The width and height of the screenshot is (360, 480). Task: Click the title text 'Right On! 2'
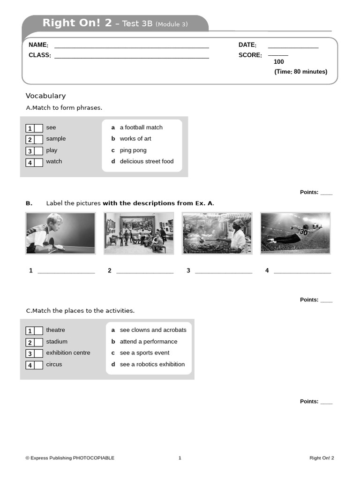click(x=77, y=23)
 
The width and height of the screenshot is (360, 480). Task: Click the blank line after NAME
click(x=131, y=47)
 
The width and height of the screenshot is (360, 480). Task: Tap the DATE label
click(x=247, y=45)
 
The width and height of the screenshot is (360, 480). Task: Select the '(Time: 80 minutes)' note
click(x=300, y=72)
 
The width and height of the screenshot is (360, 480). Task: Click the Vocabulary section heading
click(x=45, y=96)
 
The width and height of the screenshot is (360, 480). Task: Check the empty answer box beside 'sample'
click(x=38, y=139)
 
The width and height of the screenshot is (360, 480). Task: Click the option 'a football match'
click(x=141, y=127)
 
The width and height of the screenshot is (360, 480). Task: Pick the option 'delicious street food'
click(x=146, y=161)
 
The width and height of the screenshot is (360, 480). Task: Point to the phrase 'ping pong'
click(x=133, y=150)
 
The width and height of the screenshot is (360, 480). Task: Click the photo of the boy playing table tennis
click(x=60, y=233)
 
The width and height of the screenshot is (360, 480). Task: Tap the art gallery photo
click(x=139, y=233)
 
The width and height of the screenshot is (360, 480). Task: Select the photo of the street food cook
click(x=217, y=233)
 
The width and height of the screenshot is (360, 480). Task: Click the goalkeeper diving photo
click(x=295, y=233)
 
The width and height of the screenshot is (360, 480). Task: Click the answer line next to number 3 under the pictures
click(x=224, y=271)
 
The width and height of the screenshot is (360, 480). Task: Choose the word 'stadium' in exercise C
click(x=57, y=342)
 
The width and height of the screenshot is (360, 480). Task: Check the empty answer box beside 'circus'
click(x=38, y=365)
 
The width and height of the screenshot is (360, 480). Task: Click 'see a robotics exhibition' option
click(x=152, y=364)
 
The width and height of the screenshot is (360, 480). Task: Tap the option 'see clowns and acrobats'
click(x=153, y=330)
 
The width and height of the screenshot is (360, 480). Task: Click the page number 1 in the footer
click(x=180, y=458)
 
